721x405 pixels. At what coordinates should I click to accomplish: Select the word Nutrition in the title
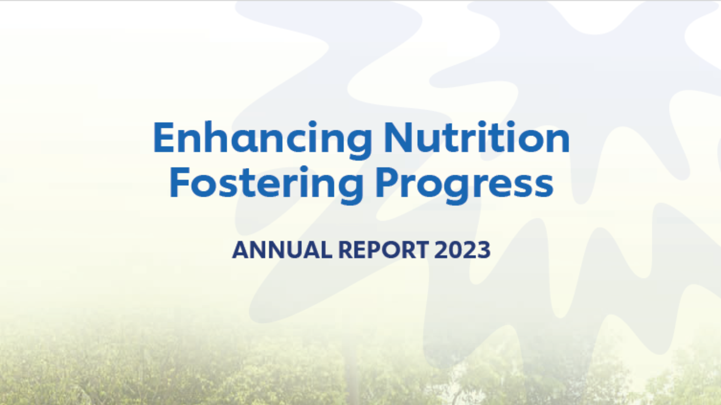pyautogui.click(x=476, y=138)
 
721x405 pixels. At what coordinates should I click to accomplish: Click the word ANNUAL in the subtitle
pyautogui.click(x=282, y=250)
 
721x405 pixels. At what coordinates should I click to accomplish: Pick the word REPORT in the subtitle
pyautogui.click(x=383, y=250)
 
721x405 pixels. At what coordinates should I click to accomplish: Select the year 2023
pyautogui.click(x=462, y=250)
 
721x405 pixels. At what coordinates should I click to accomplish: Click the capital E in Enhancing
pyautogui.click(x=164, y=138)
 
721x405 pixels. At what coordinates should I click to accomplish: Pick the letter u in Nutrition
pyautogui.click(x=432, y=141)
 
